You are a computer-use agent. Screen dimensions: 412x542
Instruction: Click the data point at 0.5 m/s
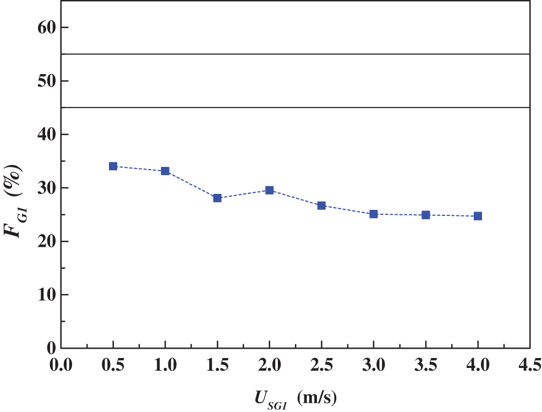pos(113,166)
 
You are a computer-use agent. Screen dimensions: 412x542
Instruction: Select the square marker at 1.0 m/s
pos(165,171)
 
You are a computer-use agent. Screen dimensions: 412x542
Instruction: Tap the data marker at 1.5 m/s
pos(217,198)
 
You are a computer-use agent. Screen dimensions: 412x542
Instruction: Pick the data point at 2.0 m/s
pos(270,190)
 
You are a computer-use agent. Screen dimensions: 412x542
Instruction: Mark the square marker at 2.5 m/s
pos(321,205)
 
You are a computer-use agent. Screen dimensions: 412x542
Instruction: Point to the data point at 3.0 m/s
pos(374,214)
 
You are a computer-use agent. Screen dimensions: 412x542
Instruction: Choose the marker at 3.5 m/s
pos(425,215)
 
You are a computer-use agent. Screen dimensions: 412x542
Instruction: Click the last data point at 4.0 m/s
pos(478,216)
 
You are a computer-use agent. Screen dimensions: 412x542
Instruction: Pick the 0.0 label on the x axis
pos(61,365)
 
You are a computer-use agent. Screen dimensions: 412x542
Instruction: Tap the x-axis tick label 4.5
pos(529,365)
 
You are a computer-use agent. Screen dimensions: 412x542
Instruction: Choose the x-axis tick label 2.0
pos(269,365)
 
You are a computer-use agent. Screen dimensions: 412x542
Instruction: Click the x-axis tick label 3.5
pos(425,365)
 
